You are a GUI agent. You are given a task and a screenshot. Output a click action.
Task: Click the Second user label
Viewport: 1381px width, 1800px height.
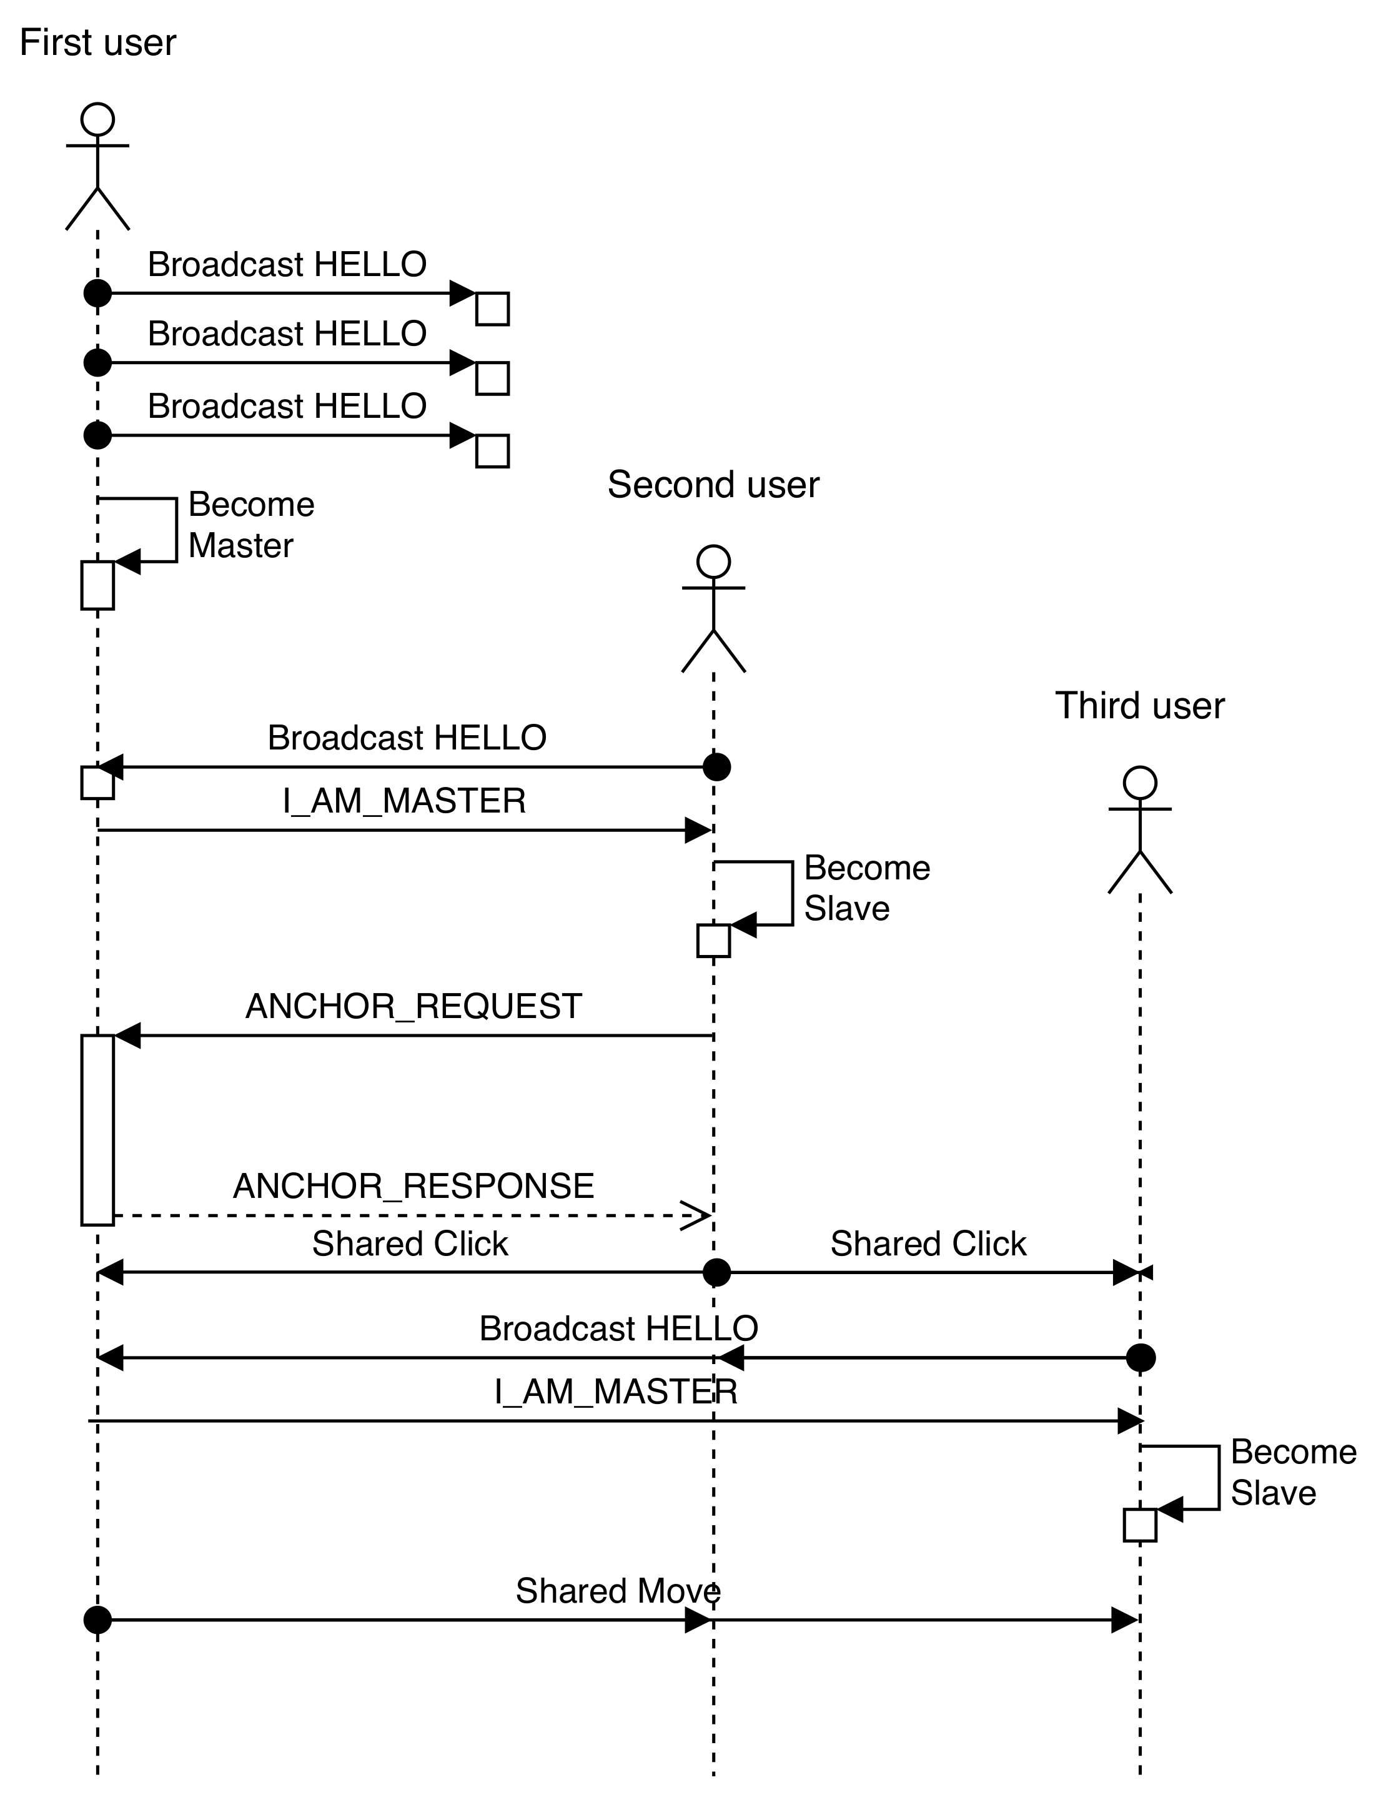[713, 485]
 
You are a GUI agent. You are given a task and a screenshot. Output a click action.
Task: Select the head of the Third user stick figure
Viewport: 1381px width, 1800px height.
[1139, 783]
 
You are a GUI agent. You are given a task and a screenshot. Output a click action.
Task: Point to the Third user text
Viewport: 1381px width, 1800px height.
[1139, 706]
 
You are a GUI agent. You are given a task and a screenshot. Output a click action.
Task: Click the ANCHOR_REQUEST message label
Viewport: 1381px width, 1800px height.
[413, 1007]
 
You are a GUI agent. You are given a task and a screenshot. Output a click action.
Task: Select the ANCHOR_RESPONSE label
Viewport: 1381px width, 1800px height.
[413, 1186]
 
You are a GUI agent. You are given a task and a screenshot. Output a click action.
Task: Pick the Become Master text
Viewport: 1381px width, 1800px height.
[250, 525]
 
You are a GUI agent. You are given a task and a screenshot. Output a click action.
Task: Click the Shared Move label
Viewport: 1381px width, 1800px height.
[617, 1591]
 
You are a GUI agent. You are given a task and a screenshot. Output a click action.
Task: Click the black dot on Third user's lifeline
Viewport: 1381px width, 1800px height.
[1140, 1358]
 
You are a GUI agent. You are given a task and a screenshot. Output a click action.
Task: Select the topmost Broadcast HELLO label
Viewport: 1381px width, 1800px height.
[287, 265]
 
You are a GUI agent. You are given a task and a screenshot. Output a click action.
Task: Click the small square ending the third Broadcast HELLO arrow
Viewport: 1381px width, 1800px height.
[492, 451]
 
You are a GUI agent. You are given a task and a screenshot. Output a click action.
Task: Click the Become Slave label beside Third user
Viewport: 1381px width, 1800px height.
[1292, 1473]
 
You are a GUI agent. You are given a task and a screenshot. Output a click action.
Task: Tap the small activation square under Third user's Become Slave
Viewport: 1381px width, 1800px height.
[1139, 1525]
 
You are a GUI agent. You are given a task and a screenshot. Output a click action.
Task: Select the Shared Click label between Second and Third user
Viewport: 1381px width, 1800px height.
[928, 1244]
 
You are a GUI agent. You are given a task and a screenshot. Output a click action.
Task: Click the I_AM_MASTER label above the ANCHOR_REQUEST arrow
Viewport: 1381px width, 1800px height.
[405, 801]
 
